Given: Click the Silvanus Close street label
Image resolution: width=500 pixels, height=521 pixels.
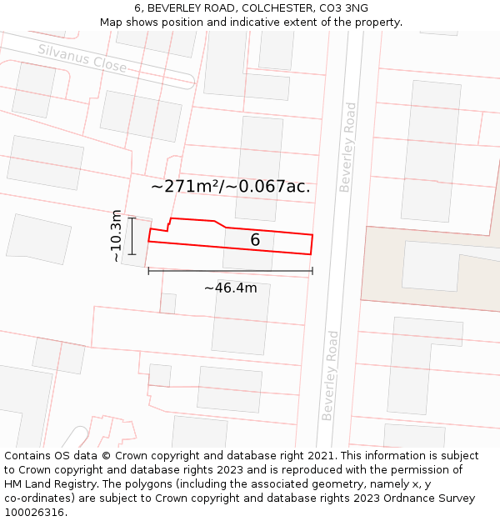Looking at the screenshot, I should coord(82,58).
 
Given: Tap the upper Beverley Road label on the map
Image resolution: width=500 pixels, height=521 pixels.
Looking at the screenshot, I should coord(347,148).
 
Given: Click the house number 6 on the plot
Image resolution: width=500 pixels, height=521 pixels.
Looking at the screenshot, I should coord(255,240).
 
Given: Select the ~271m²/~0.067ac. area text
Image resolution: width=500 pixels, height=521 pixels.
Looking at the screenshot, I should coord(231,187).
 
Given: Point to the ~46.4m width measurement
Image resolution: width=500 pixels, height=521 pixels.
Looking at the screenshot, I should coord(231,288).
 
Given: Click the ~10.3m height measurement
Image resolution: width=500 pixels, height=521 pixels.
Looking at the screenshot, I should coord(117,236).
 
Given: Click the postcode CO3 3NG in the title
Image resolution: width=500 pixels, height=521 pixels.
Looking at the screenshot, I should coord(343,8).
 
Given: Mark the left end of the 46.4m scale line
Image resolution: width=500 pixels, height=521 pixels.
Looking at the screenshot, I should coord(149,270).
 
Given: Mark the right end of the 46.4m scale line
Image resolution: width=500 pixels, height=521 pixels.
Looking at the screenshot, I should coord(312,270).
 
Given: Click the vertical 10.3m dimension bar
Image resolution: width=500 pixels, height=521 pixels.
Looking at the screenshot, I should coord(132,236).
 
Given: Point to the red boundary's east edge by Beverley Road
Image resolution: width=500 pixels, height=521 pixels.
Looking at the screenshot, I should coord(312,244).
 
